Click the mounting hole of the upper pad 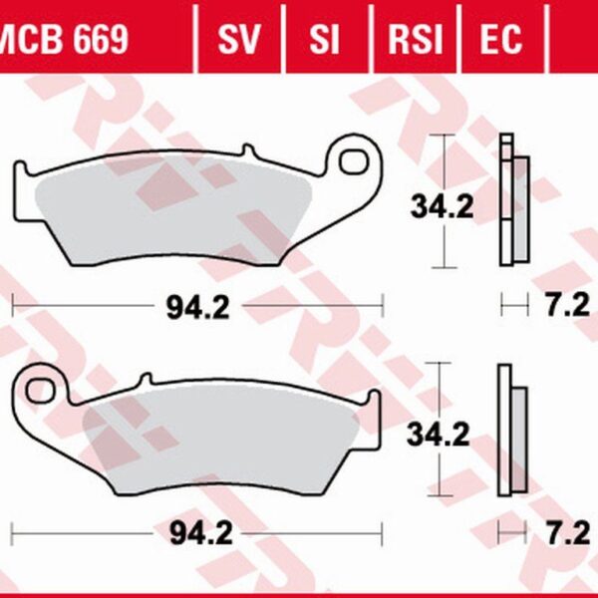(354, 157)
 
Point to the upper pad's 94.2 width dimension (197, 308)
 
